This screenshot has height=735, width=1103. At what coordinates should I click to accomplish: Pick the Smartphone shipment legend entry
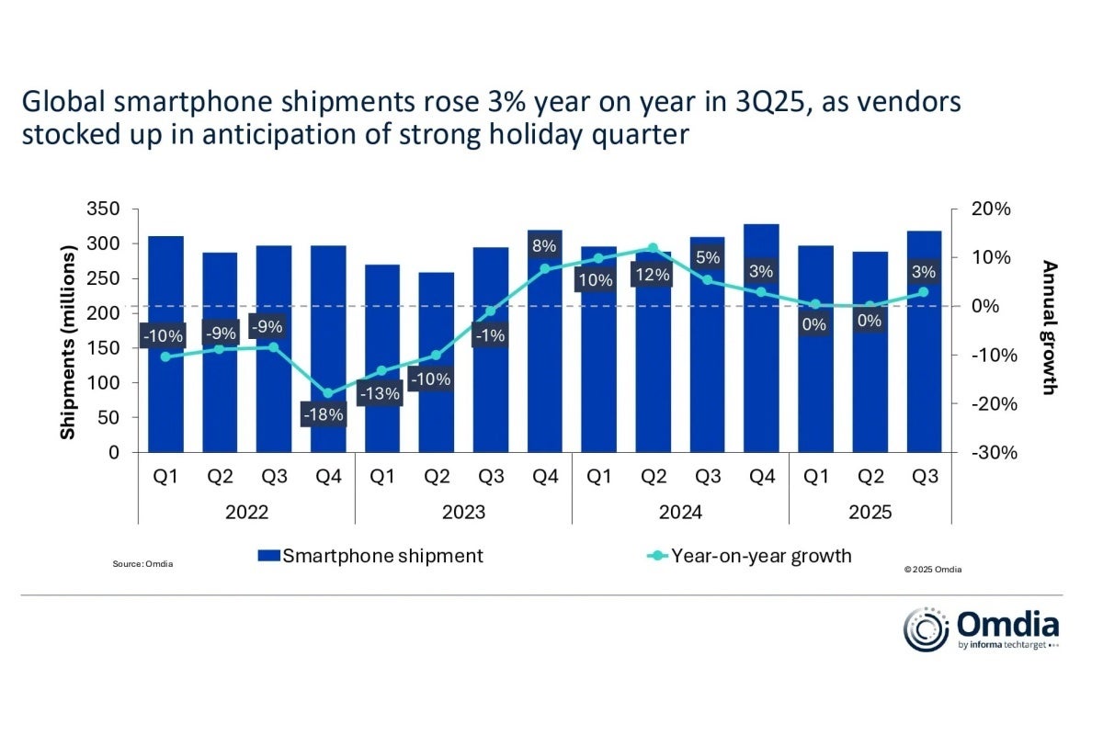(x=370, y=556)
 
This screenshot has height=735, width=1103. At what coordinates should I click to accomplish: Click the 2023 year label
(x=463, y=513)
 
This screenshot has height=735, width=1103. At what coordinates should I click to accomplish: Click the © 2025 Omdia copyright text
(x=933, y=570)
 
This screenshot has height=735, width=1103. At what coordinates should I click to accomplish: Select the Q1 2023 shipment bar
(x=382, y=358)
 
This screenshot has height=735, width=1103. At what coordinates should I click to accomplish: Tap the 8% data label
(x=545, y=246)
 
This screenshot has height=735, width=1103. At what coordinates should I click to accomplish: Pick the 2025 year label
(x=870, y=513)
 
